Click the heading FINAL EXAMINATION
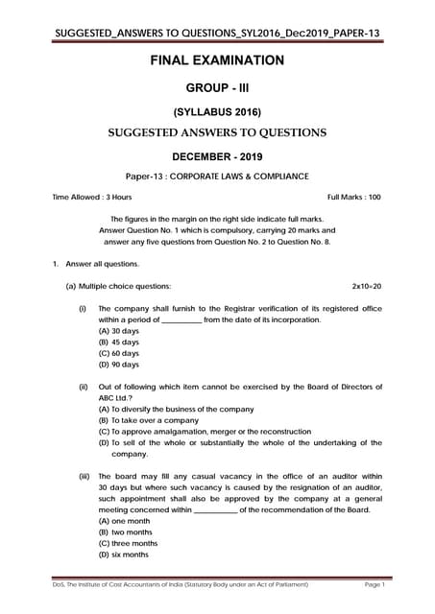217,60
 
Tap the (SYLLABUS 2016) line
217,111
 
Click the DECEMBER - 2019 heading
217,154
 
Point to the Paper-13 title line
217,176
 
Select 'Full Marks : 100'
354,198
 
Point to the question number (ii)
84,386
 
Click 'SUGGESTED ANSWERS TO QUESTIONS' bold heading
217,132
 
